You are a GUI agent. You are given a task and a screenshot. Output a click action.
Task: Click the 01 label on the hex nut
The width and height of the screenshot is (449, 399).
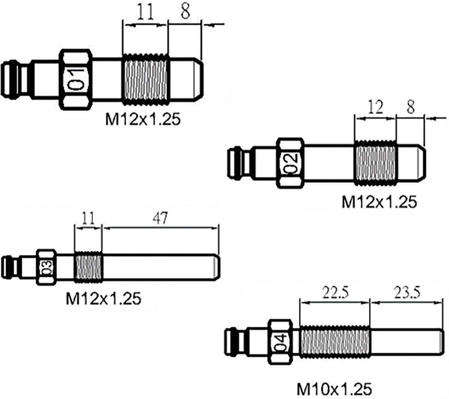pos(76,79)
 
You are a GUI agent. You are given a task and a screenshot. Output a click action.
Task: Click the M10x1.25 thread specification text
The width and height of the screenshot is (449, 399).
pos(335,389)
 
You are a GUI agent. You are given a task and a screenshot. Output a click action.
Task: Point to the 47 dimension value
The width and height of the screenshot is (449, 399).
pos(161,218)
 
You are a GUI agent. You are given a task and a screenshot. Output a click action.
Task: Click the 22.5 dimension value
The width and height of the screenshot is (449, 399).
pos(335,292)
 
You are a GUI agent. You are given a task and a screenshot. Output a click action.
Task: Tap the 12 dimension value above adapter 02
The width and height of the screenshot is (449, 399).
pos(375,108)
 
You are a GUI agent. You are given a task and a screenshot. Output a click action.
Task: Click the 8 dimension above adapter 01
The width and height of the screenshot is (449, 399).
pos(185,12)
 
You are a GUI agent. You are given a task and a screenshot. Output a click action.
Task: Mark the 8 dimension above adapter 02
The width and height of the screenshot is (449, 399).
pos(410,108)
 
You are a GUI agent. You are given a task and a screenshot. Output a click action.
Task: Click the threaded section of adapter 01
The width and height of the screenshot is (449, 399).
pos(145,79)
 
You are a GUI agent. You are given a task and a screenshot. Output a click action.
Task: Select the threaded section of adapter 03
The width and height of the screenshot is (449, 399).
pos(88,267)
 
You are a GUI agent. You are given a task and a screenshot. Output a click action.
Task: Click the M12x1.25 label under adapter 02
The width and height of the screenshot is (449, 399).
pos(379,202)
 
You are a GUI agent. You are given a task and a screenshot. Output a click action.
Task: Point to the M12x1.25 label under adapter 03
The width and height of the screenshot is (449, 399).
pos(103,298)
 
